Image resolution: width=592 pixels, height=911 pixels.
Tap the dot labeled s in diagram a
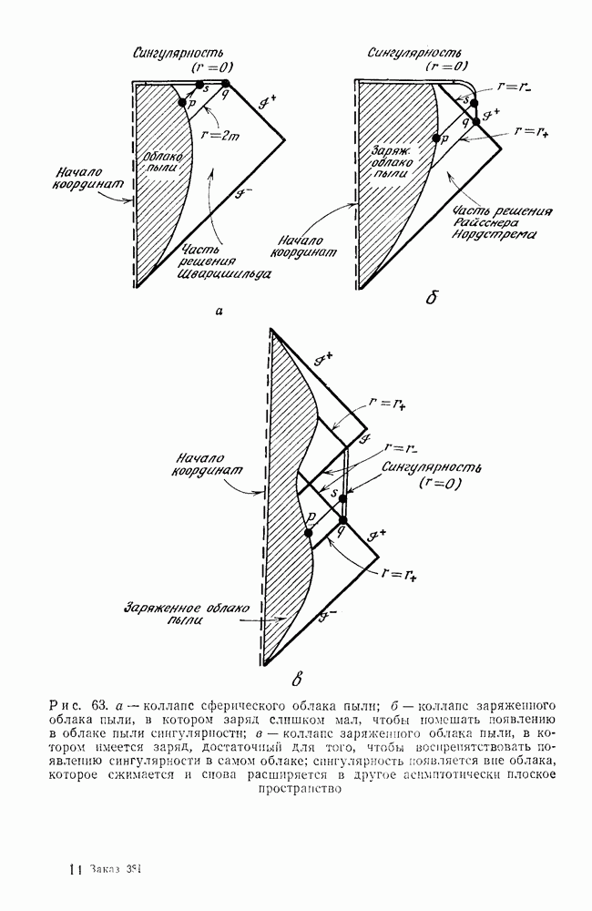199,85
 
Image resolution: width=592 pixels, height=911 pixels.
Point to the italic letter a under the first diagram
219,312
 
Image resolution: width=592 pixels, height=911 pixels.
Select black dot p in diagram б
434,138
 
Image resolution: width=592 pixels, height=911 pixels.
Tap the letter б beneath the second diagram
429,298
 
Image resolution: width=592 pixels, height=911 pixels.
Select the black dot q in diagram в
342,519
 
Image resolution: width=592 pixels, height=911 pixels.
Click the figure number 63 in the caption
100,704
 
